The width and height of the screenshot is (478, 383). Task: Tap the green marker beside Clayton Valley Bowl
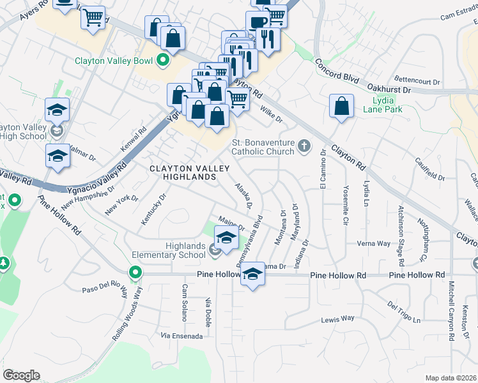point(163,61)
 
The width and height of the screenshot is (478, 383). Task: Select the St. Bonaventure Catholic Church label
point(263,147)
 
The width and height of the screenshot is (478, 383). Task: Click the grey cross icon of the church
point(304,147)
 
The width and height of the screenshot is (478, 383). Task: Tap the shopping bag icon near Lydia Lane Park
point(342,106)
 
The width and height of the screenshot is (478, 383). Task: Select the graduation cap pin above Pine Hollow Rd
point(252,274)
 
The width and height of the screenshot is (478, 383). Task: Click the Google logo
point(21,375)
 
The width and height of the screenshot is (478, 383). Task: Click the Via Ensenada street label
point(181,336)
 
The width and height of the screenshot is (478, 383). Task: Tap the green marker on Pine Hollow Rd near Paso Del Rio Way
point(135,274)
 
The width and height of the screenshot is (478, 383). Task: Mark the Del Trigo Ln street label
point(405,312)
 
